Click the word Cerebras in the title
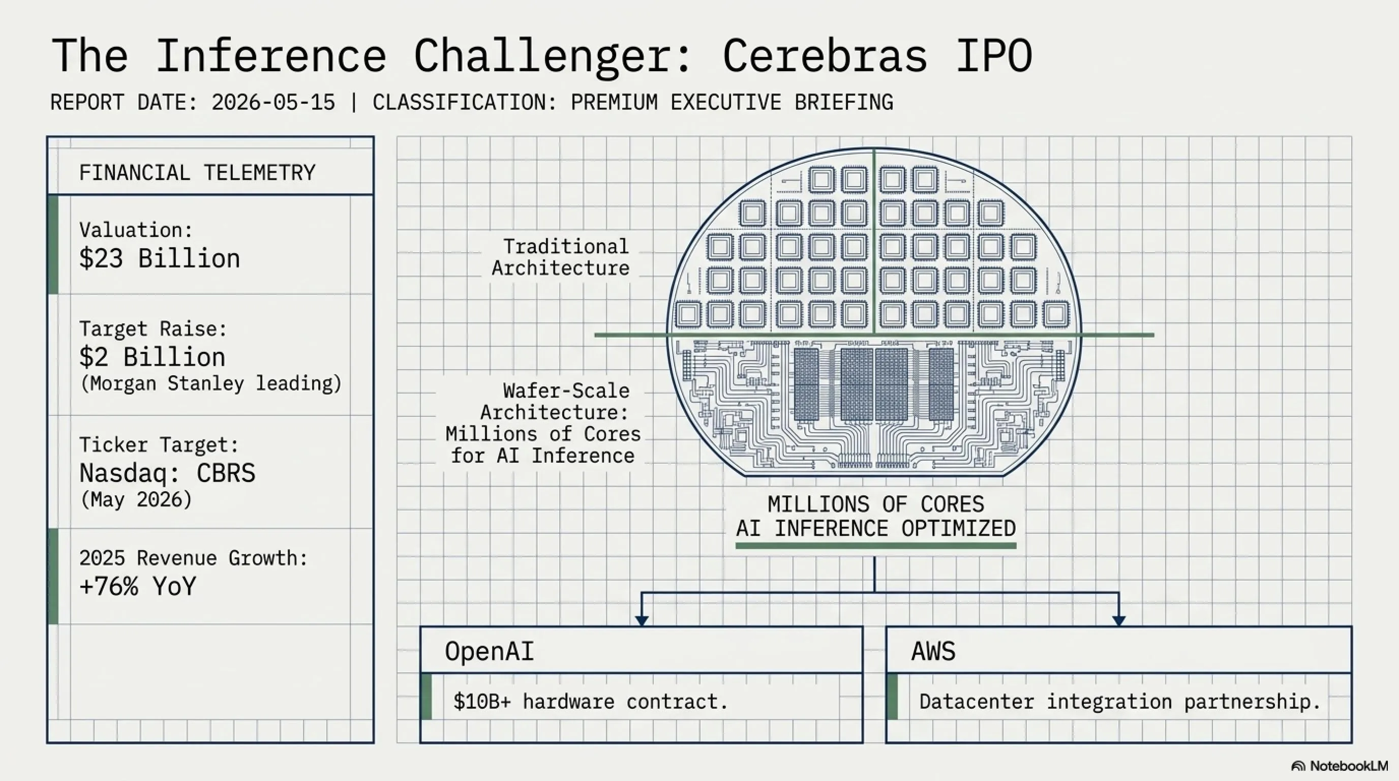(825, 56)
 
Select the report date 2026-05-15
(273, 103)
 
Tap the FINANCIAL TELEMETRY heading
(197, 173)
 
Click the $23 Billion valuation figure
(159, 258)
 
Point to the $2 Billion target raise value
(152, 357)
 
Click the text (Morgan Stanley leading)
(211, 383)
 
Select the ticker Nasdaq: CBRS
(167, 473)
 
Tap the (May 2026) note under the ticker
(136, 500)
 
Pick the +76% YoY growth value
(137, 587)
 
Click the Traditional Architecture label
(561, 257)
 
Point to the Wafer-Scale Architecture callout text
(543, 423)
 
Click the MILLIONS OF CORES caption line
(875, 504)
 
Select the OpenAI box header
(490, 651)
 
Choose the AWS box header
(933, 651)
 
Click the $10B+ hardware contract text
(590, 702)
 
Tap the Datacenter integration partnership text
(1119, 702)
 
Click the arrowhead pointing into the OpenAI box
(642, 620)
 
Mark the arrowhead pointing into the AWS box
(1119, 620)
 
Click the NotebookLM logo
(1339, 766)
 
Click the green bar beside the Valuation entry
(53, 245)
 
